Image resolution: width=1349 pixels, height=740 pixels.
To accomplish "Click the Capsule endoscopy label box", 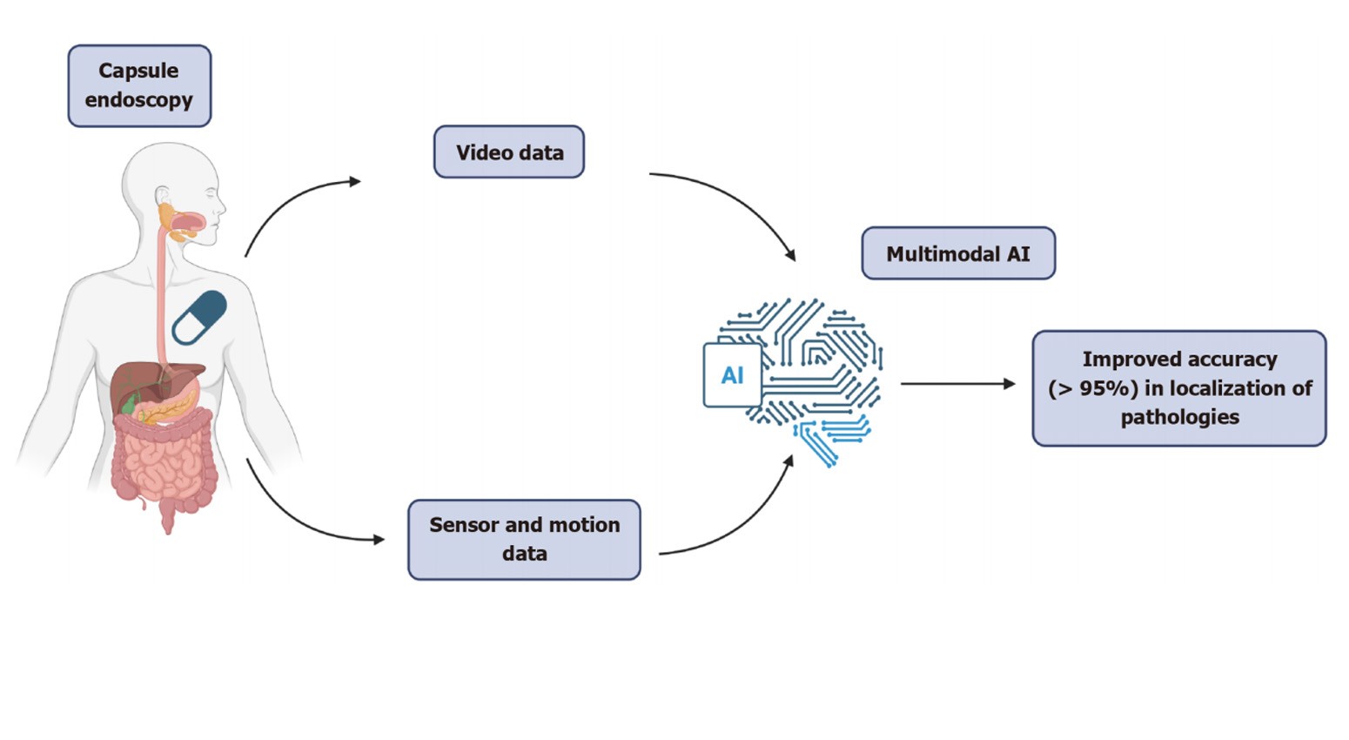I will point(139,85).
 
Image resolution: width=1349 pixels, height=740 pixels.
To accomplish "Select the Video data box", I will point(509,152).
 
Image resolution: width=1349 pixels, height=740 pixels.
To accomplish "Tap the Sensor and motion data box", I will point(524,539).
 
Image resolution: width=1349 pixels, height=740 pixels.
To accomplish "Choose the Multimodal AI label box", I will point(958,253).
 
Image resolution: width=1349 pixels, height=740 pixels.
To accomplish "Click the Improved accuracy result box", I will point(1179,388).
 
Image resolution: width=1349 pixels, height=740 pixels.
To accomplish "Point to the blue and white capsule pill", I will point(199,318).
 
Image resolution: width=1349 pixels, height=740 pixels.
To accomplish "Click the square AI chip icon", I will point(732,375).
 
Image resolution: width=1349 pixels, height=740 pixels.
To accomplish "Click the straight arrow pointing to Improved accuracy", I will point(957,383).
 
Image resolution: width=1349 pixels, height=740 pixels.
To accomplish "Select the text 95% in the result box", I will point(1109,388).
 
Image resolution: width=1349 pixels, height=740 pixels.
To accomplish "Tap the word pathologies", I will point(1179,417).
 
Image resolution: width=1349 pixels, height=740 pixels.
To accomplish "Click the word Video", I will point(486,152).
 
